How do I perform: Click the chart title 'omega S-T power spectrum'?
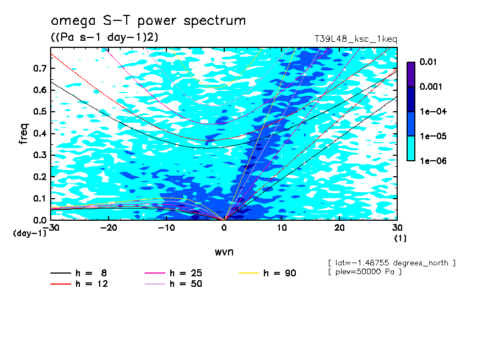pyautogui.click(x=148, y=21)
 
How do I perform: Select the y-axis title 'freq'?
pyautogui.click(x=24, y=133)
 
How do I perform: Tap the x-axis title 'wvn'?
pyautogui.click(x=224, y=252)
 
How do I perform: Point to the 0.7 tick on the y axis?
pyautogui.click(x=40, y=68)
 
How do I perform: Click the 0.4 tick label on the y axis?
pyautogui.click(x=40, y=133)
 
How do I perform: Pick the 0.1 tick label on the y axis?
pyautogui.click(x=40, y=198)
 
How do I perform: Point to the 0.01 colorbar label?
pyautogui.click(x=428, y=62)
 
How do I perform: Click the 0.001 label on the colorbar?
pyautogui.click(x=431, y=86)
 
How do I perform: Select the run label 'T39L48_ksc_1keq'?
pyautogui.click(x=355, y=40)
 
